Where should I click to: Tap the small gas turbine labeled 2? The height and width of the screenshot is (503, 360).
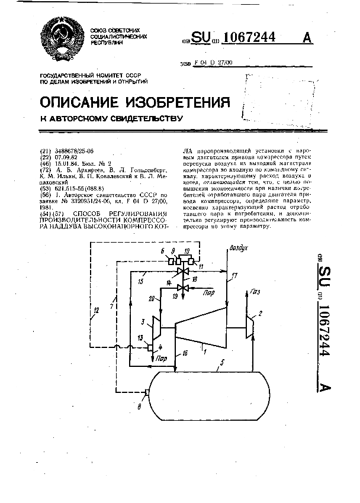coord(249,326)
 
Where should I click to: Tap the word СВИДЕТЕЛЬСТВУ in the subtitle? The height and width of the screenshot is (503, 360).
coord(142,118)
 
